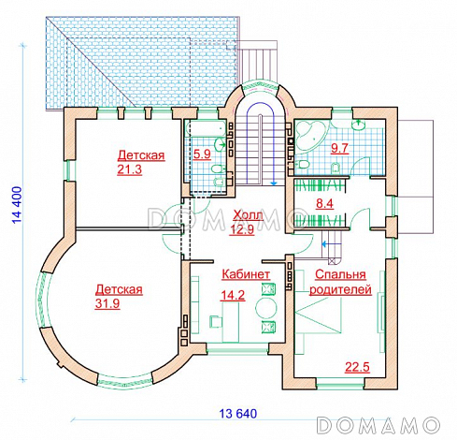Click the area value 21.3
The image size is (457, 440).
130,169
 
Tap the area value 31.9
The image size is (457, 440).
107,303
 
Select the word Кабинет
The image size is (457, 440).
246,274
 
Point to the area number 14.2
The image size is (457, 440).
233,295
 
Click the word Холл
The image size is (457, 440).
249,215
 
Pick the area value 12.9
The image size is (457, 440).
242,229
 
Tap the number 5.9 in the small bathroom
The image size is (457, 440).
202,154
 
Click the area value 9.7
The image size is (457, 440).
339,148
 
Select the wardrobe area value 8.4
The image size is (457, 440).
324,204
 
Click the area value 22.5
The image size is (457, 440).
357,367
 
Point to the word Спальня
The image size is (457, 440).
340,274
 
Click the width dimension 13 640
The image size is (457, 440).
238,414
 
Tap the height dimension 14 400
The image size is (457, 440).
18,205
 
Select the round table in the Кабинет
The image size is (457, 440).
266,308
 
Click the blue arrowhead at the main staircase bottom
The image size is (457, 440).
274,183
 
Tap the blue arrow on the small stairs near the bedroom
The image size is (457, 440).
327,244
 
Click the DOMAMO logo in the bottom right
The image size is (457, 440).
378,425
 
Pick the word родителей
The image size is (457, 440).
340,289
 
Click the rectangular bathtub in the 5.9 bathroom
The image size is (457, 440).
206,128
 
